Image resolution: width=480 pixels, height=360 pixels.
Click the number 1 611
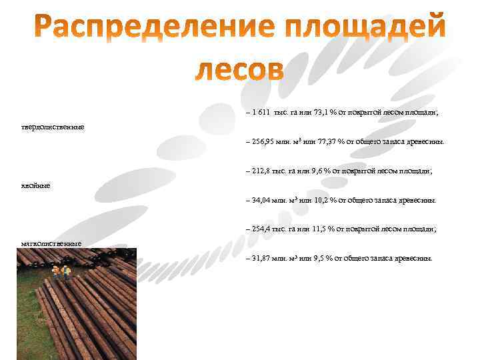pos(261,113)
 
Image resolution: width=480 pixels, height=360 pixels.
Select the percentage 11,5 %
pos(325,229)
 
